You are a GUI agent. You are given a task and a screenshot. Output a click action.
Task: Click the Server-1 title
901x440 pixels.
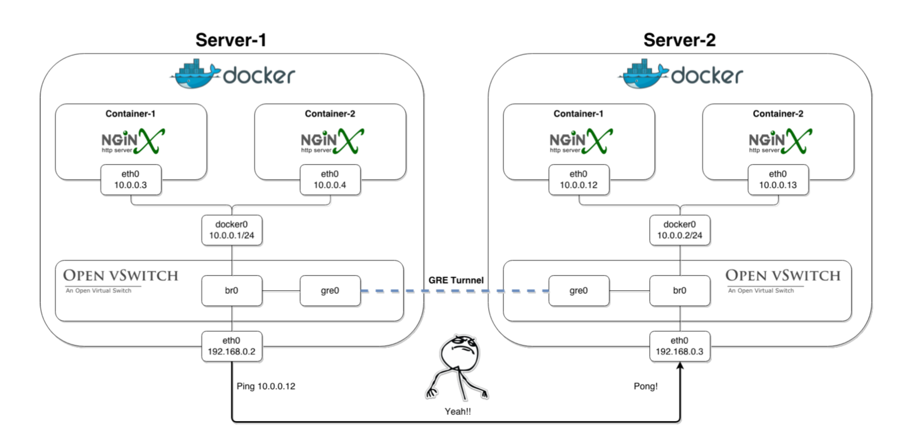pyautogui.click(x=231, y=40)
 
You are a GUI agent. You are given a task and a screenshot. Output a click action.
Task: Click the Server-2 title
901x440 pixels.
pyautogui.click(x=679, y=40)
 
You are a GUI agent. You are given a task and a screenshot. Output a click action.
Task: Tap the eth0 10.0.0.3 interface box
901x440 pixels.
pyautogui.click(x=131, y=180)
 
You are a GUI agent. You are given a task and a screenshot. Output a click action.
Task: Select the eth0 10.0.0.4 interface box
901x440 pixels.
pyautogui.click(x=330, y=180)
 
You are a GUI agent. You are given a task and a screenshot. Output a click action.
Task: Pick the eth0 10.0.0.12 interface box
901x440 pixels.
pyautogui.click(x=579, y=180)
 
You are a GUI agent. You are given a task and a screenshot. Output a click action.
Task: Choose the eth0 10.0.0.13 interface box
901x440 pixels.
pyautogui.click(x=778, y=180)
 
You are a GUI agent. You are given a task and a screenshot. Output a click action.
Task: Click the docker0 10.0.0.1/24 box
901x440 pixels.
pyautogui.click(x=232, y=230)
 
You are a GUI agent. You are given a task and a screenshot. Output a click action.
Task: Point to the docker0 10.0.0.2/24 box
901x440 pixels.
pyautogui.click(x=680, y=230)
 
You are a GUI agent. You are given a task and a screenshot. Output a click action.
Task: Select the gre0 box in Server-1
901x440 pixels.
pyautogui.click(x=330, y=291)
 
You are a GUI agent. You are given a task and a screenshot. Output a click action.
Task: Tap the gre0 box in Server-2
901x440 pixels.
pyautogui.click(x=579, y=291)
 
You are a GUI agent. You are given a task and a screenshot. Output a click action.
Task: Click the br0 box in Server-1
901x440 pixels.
pyautogui.click(x=232, y=291)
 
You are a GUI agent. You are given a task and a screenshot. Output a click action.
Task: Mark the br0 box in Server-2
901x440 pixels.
pyautogui.click(x=680, y=291)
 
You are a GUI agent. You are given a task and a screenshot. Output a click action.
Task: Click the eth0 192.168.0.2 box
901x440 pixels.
pyautogui.click(x=232, y=346)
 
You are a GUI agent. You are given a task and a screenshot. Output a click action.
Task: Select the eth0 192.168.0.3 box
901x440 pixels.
pyautogui.click(x=680, y=346)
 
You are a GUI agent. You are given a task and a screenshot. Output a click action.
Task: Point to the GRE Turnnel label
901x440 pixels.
pyautogui.click(x=456, y=280)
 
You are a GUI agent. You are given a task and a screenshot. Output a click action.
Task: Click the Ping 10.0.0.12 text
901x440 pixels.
pyautogui.click(x=266, y=386)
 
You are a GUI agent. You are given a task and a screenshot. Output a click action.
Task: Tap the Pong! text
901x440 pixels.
pyautogui.click(x=645, y=386)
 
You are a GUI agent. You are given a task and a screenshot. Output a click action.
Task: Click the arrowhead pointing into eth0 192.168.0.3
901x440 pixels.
pyautogui.click(x=680, y=366)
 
